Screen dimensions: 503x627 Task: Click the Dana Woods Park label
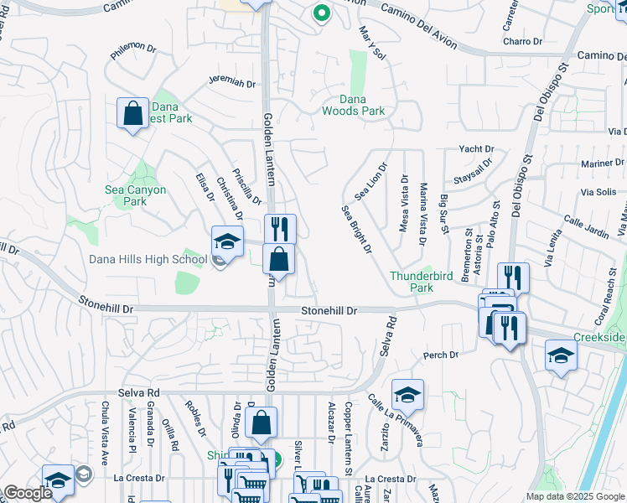click(x=354, y=105)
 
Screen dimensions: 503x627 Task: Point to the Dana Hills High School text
click(x=148, y=259)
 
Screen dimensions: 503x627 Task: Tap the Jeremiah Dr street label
click(x=231, y=82)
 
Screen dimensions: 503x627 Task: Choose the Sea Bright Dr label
click(x=355, y=230)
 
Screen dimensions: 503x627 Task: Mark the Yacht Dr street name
click(x=476, y=149)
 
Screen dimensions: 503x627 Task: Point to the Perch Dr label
click(x=442, y=355)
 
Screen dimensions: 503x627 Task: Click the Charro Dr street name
click(x=525, y=41)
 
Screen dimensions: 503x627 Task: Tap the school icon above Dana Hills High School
click(x=226, y=242)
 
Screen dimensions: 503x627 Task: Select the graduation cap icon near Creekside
click(x=561, y=355)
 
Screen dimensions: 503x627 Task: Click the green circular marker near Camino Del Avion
click(x=319, y=13)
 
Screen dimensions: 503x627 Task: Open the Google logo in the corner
click(x=27, y=493)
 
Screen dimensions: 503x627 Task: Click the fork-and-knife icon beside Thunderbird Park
click(x=513, y=278)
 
